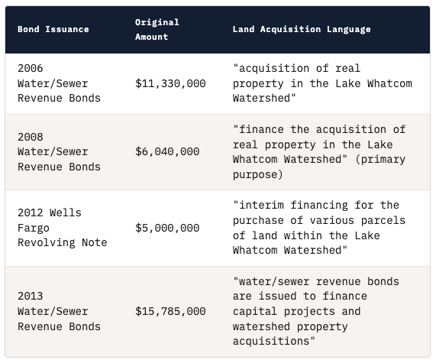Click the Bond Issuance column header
click(53, 29)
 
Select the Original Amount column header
click(157, 29)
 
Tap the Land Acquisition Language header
click(302, 29)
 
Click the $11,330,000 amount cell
click(170, 83)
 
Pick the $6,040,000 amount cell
click(167, 151)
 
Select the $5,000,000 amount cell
click(167, 228)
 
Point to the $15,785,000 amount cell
click(170, 311)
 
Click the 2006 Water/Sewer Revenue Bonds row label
click(59, 83)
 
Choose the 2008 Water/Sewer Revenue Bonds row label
click(59, 151)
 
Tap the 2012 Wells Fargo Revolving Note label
click(62, 228)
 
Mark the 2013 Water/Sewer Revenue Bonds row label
click(59, 311)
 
